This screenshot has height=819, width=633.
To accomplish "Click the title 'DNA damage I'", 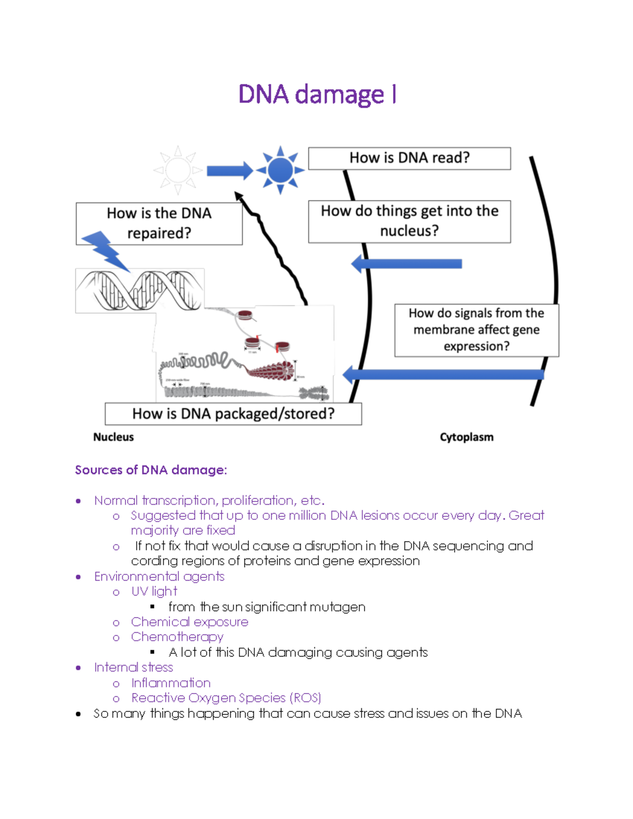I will pos(317,95).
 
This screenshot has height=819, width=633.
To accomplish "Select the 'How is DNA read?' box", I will pos(409,158).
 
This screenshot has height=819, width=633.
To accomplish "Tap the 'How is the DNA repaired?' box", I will pos(159,224).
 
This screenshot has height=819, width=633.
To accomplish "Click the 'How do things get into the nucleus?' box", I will pos(409,221).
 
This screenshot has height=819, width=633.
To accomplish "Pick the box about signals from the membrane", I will pos(476,330).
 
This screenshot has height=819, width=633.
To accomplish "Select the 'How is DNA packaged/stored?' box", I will pos(233,414).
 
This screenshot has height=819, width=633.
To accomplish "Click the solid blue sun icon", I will pos(280,170).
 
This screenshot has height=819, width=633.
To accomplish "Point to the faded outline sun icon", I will pos(178,170).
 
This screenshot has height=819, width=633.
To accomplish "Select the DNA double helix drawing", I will pos(140,291).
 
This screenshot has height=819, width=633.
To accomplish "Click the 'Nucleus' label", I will pos(113,437).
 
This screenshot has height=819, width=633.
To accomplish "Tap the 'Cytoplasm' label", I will pos(466,437).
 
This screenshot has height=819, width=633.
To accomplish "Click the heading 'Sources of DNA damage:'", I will pos(151,470).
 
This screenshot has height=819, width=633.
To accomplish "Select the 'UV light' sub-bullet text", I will pos(154,592).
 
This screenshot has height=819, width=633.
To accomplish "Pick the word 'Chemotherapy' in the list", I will pos(177,637).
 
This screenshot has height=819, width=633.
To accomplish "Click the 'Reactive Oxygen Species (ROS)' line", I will pos(226,698).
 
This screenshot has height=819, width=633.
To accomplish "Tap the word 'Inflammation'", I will pos(171,683).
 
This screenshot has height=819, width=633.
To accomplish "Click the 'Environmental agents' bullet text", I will pos(159,576).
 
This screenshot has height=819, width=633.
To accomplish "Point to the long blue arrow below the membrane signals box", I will pos(443,374).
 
